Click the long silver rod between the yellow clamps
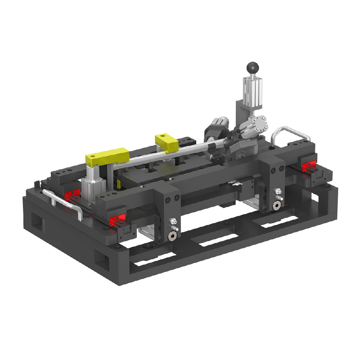(x=162, y=157)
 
